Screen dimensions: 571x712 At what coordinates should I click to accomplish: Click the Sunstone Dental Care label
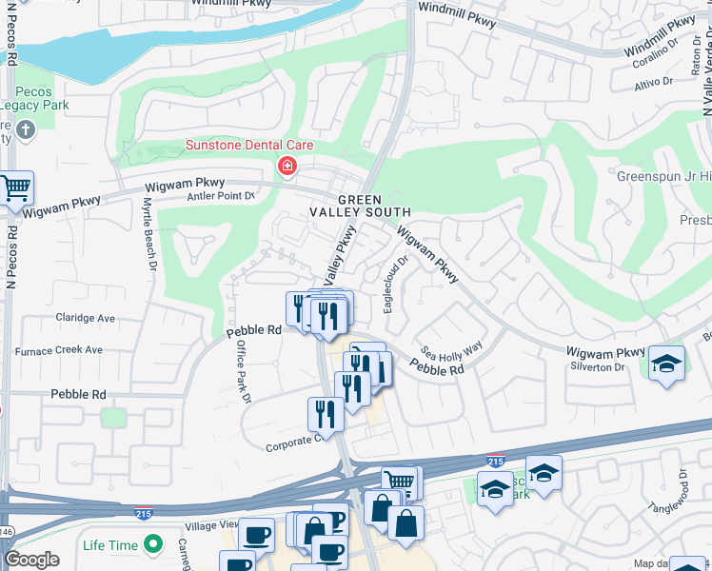248,146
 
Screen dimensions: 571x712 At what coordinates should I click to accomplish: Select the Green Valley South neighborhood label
362,205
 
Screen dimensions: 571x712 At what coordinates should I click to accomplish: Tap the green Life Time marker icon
151,545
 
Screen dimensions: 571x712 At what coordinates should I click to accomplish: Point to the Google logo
31,560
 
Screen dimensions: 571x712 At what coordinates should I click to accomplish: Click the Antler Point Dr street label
223,196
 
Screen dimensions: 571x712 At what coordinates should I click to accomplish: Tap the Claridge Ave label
85,318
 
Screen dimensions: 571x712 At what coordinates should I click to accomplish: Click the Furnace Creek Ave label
58,349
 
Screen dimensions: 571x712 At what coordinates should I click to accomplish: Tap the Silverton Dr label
596,366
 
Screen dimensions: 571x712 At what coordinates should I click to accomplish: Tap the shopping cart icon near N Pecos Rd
16,188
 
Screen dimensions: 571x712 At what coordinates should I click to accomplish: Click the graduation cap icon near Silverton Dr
667,364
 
